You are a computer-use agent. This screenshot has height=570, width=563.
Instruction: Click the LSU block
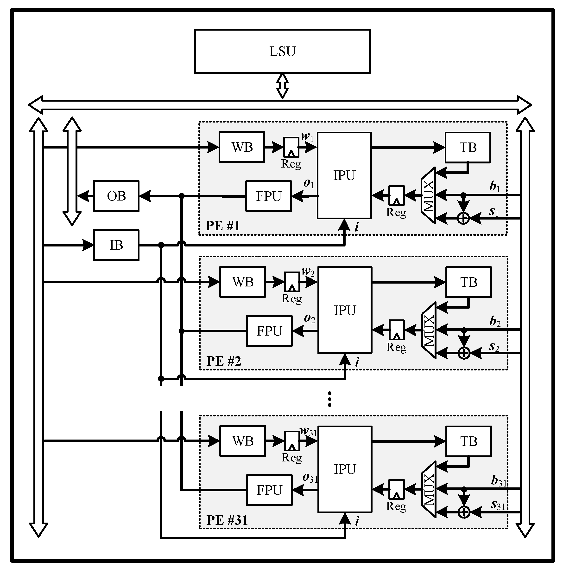(282, 51)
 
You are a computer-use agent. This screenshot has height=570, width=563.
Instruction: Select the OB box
(116, 196)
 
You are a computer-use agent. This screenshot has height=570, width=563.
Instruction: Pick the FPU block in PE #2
(269, 331)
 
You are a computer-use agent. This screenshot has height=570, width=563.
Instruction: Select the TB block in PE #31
(468, 441)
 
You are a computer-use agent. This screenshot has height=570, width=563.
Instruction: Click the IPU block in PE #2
(345, 310)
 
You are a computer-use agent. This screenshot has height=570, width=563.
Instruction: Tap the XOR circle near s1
(463, 218)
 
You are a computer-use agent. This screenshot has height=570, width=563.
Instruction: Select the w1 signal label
(307, 137)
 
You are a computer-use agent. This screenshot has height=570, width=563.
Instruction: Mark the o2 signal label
(310, 318)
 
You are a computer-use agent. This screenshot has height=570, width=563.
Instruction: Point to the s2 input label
(494, 347)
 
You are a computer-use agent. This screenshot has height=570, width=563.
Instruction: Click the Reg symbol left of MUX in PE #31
(397, 489)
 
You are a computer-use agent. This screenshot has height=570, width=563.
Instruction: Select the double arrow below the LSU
(282, 86)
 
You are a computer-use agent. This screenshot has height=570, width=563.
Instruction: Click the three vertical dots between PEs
(329, 399)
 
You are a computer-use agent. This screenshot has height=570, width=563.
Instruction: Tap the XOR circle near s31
(464, 512)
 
